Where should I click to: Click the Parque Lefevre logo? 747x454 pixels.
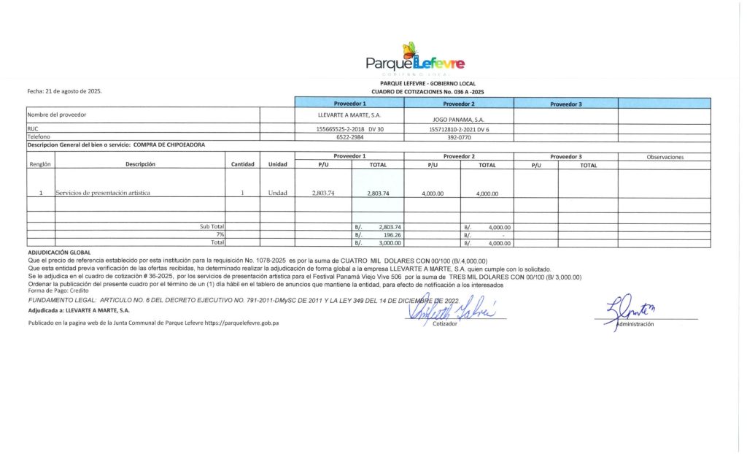click(x=414, y=60)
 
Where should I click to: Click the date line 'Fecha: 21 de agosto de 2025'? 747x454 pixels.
click(x=64, y=91)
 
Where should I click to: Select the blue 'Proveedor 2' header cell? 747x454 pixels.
click(x=459, y=104)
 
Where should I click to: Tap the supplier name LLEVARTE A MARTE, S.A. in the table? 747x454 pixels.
click(x=349, y=115)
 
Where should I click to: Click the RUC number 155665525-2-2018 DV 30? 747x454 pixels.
click(x=349, y=129)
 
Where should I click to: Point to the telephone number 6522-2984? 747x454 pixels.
click(x=349, y=136)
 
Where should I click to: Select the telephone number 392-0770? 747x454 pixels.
click(x=459, y=136)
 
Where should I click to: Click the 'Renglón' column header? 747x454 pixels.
click(x=40, y=165)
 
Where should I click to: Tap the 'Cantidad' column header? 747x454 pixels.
click(x=242, y=165)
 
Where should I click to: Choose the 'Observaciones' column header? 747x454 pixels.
click(x=665, y=157)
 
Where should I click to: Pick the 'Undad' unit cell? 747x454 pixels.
click(x=277, y=193)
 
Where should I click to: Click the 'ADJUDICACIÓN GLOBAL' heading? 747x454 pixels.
click(x=58, y=252)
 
